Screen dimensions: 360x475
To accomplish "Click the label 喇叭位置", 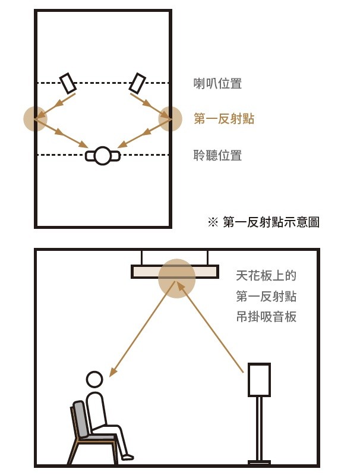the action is pyautogui.click(x=217, y=84).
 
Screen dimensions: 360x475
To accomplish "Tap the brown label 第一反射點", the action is pyautogui.click(x=224, y=118).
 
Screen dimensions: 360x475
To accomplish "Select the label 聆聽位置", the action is pyautogui.click(x=217, y=155).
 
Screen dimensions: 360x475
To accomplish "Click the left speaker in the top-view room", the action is pyautogui.click(x=68, y=83).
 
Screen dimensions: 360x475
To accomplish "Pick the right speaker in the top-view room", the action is pyautogui.click(x=137, y=83).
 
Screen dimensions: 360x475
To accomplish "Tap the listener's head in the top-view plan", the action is pyautogui.click(x=103, y=156).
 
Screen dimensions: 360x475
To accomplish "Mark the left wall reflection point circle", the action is pyautogui.click(x=36, y=119).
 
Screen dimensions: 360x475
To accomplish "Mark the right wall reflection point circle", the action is pyautogui.click(x=170, y=119).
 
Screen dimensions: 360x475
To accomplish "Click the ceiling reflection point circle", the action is pyautogui.click(x=177, y=278).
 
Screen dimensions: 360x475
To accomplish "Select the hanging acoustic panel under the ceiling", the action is pyautogui.click(x=175, y=272).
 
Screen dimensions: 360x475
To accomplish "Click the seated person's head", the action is pyautogui.click(x=94, y=379).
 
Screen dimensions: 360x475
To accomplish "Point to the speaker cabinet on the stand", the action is pyautogui.click(x=259, y=380).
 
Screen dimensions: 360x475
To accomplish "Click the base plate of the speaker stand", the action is pyautogui.click(x=259, y=463).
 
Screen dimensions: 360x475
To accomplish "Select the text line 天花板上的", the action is pyautogui.click(x=266, y=276).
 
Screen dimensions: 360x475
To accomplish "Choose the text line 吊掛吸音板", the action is pyautogui.click(x=266, y=317).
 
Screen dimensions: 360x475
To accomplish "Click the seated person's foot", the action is pyautogui.click(x=127, y=457).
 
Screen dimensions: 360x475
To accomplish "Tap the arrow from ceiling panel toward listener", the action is pyautogui.click(x=142, y=329).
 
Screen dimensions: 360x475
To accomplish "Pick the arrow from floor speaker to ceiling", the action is pyautogui.click(x=210, y=327).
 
